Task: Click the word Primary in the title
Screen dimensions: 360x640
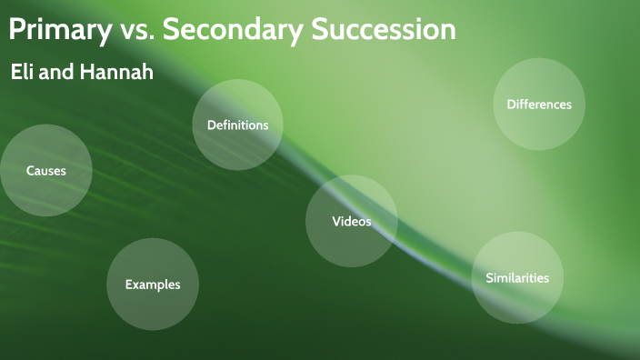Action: pos(59,30)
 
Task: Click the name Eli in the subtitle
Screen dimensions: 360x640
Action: pos(23,73)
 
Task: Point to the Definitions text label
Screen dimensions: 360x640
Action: pos(237,125)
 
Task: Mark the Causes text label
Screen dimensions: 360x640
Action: pos(45,171)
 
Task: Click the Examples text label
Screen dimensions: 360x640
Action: pos(153,285)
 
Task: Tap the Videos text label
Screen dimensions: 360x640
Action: pos(351,222)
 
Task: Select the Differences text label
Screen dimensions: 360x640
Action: pos(539,105)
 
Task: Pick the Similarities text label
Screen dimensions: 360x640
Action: pos(517,278)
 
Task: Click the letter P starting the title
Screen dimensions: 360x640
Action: pos(16,30)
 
